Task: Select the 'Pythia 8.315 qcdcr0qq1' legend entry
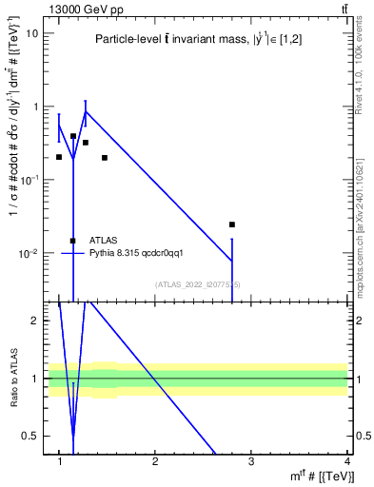(x=129, y=253)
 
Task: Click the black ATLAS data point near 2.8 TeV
(x=232, y=224)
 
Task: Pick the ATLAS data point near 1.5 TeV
(x=105, y=158)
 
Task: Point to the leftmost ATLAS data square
(x=59, y=157)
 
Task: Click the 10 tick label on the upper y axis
(x=32, y=32)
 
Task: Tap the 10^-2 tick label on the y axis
(x=27, y=254)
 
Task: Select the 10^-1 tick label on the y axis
(x=27, y=180)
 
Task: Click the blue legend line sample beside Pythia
(x=73, y=253)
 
